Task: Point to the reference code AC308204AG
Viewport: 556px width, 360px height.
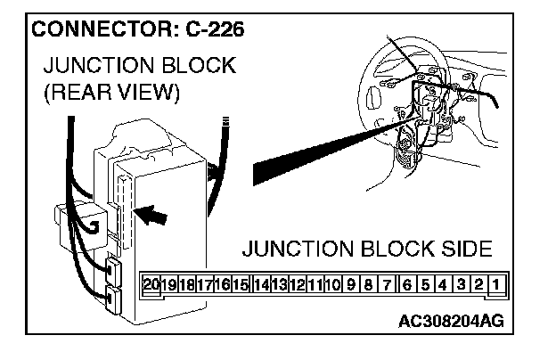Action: [x=452, y=318]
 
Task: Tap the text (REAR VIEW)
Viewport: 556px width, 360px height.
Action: [x=111, y=93]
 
